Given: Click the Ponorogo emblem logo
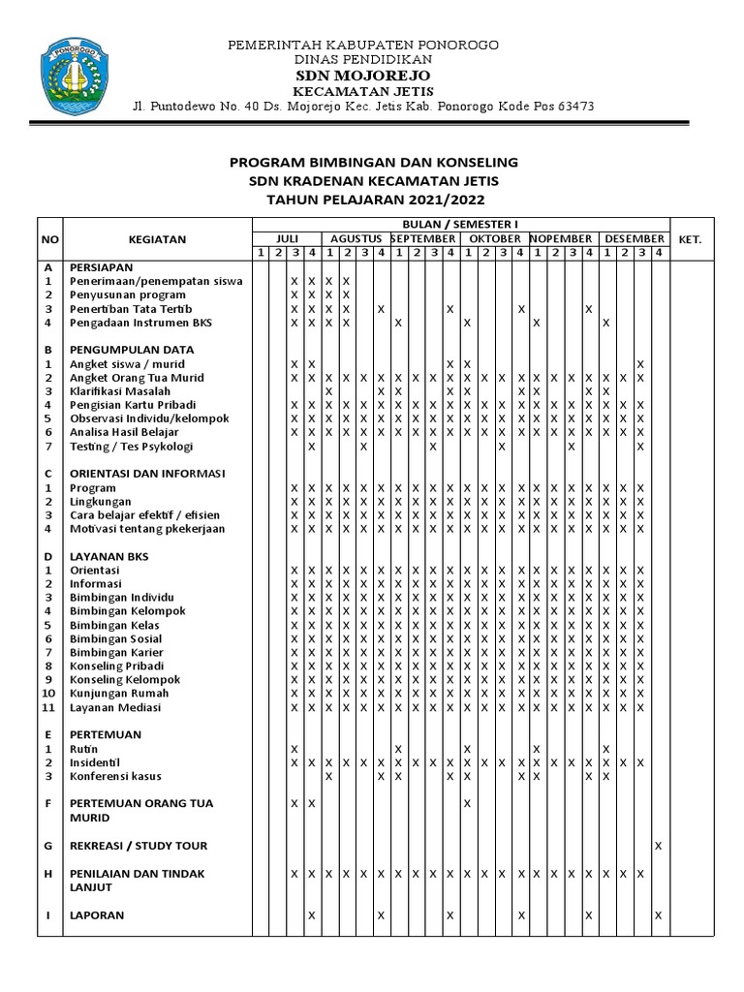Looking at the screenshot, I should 69,76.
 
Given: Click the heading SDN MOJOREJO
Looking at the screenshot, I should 363,76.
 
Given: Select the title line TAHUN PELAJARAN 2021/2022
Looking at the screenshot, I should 374,199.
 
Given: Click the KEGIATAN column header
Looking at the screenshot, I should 157,239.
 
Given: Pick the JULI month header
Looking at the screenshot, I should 287,238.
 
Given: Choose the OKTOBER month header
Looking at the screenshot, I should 495,238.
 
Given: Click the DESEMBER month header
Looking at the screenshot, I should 634,238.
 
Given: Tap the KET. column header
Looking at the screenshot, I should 690,239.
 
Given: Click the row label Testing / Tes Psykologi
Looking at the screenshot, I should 132,447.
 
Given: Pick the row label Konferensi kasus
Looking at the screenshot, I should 115,776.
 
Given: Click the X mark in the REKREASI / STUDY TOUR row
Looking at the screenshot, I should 659,846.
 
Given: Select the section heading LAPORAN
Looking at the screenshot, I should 97,914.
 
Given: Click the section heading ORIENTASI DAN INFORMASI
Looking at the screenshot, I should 147,474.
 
